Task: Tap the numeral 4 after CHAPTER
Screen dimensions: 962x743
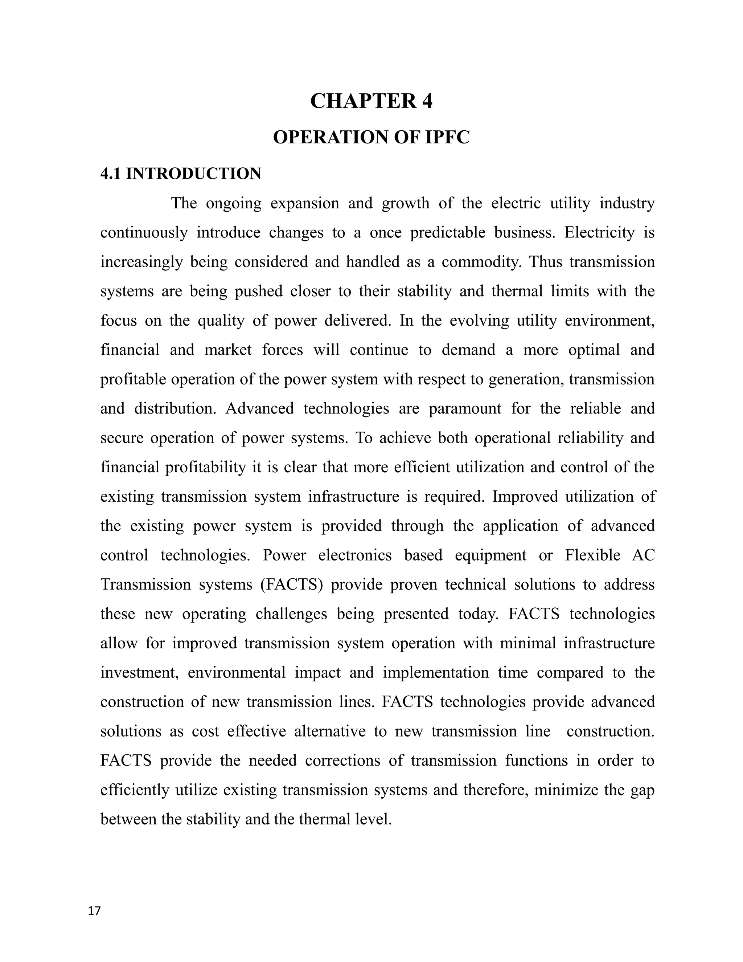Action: [x=427, y=101]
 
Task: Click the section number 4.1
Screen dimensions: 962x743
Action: [x=111, y=174]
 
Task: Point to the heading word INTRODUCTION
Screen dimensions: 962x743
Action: [x=193, y=174]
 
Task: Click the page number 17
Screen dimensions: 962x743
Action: [x=94, y=911]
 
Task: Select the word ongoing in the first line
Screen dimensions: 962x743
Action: [x=233, y=204]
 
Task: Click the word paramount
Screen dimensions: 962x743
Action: [x=465, y=409]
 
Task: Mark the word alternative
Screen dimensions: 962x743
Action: [x=330, y=731]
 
